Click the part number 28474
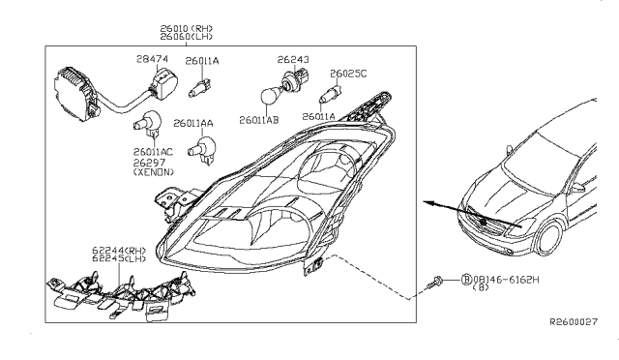click(x=153, y=59)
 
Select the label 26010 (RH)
click(x=187, y=29)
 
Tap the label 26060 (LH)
click(x=187, y=37)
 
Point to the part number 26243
click(x=293, y=60)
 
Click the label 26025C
click(x=348, y=74)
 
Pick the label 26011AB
click(x=259, y=120)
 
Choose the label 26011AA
click(x=193, y=123)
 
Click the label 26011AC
click(x=153, y=152)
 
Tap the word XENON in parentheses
click(x=153, y=172)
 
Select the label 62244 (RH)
click(x=119, y=251)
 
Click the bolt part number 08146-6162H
click(x=506, y=280)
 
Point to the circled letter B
click(x=466, y=280)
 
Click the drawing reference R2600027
click(x=574, y=322)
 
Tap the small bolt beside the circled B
click(x=434, y=283)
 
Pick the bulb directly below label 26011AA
click(x=202, y=149)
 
